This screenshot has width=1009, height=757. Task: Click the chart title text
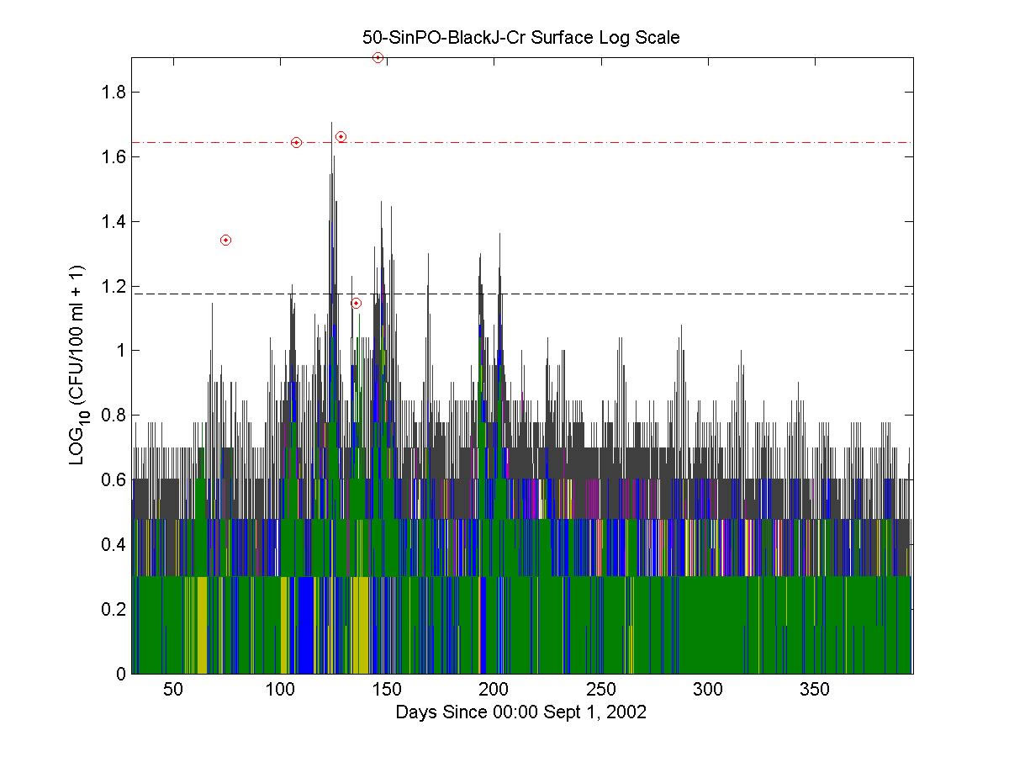point(520,38)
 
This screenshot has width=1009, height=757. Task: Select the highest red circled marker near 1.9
point(378,57)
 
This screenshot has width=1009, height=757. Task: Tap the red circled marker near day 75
point(225,240)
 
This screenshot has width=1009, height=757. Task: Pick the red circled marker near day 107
point(296,142)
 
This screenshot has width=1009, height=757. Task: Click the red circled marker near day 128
point(341,136)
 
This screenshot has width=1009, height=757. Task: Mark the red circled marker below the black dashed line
point(356,303)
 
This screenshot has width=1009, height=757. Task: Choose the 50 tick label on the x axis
point(172,690)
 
